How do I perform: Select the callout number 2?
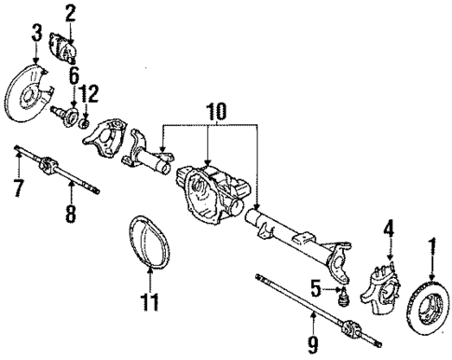click(69, 13)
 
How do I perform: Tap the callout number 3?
click(36, 36)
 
